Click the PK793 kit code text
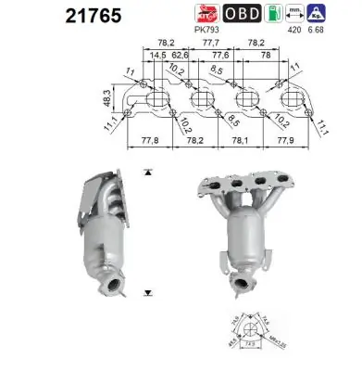(208, 29)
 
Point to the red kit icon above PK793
(208, 13)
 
